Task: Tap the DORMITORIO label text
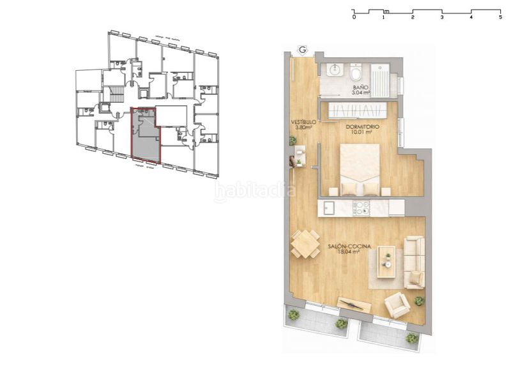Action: click(x=363, y=127)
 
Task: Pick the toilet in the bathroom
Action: click(x=356, y=70)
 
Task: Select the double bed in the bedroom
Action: click(x=359, y=169)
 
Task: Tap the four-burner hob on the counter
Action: click(x=361, y=207)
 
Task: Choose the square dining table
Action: click(x=305, y=243)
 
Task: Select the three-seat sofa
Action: click(x=415, y=262)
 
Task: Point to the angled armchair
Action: click(x=398, y=305)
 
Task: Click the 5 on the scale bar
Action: click(x=500, y=18)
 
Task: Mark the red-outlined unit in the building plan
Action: click(x=145, y=134)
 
